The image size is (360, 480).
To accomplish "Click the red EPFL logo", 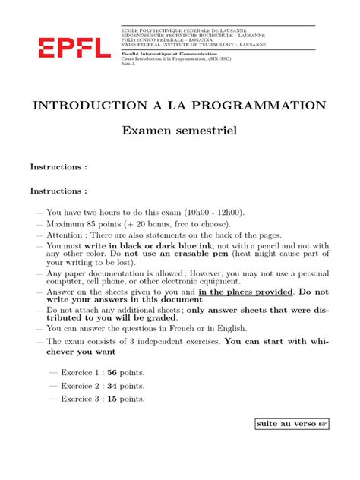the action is [74, 49].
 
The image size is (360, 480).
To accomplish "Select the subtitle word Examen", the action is [151, 131].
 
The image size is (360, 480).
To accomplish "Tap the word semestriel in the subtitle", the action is [210, 131].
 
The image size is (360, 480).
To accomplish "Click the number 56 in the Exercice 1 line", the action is [113, 373].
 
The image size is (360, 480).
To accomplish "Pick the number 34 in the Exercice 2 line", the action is [113, 386].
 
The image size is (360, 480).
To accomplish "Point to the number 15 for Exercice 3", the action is [113, 399].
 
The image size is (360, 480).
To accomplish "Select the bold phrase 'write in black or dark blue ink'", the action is [150, 246].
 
